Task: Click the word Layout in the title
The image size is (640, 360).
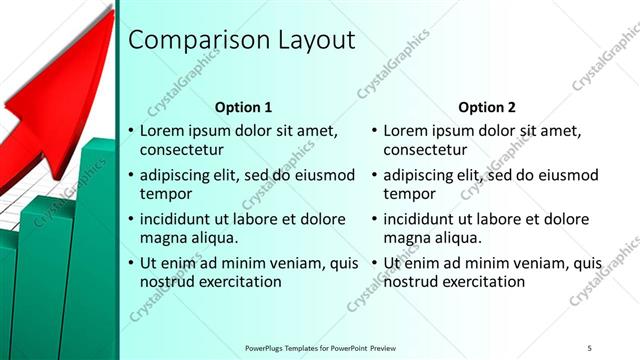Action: click(x=313, y=41)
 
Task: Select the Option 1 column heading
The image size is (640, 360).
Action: click(x=243, y=107)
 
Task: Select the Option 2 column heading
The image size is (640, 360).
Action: click(x=487, y=107)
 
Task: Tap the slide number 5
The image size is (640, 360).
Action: click(x=590, y=347)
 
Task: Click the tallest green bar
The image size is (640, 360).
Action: click(x=97, y=250)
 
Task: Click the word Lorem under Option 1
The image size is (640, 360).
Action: click(x=162, y=131)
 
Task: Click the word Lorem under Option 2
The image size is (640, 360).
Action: click(x=406, y=131)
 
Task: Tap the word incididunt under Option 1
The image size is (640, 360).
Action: click(x=180, y=219)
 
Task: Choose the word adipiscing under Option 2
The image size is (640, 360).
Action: click(x=424, y=175)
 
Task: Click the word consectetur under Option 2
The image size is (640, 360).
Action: click(x=426, y=150)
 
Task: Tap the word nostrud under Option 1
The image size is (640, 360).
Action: click(x=167, y=282)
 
